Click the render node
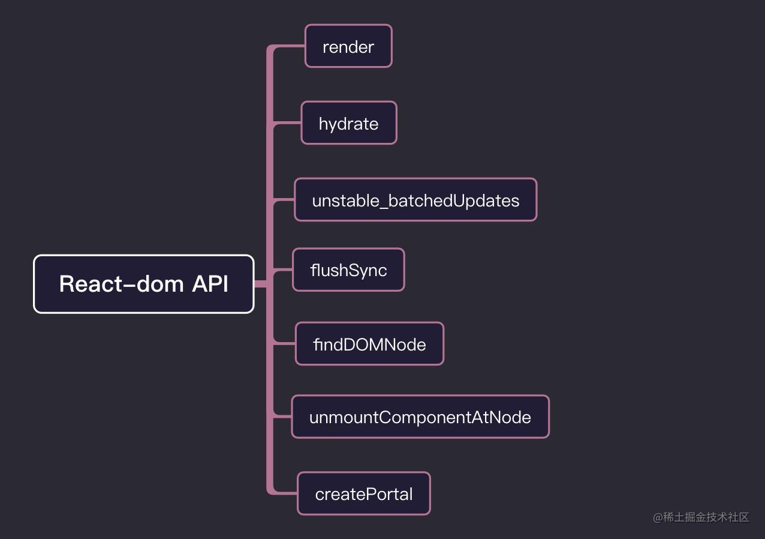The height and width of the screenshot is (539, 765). (x=348, y=46)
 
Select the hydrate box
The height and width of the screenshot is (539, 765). (x=348, y=123)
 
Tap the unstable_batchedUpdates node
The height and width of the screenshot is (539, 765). (x=415, y=200)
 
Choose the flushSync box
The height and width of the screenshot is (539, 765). (x=348, y=270)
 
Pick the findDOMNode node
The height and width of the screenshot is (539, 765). (x=369, y=344)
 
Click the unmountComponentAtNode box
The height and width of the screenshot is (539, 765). (x=420, y=417)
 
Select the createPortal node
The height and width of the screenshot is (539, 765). (x=363, y=493)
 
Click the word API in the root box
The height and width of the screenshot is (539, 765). (x=210, y=284)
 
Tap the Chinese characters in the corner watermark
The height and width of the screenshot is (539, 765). (x=706, y=517)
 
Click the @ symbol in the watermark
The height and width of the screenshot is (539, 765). (x=658, y=517)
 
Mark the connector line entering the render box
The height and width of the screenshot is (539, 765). (x=291, y=47)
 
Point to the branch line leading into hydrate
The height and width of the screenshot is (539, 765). (x=288, y=124)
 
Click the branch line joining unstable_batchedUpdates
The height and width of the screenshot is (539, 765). (x=285, y=200)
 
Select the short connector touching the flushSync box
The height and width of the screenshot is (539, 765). (x=284, y=271)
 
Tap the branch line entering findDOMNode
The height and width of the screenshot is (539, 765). (x=286, y=344)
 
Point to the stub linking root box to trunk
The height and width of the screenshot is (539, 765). (x=261, y=284)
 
